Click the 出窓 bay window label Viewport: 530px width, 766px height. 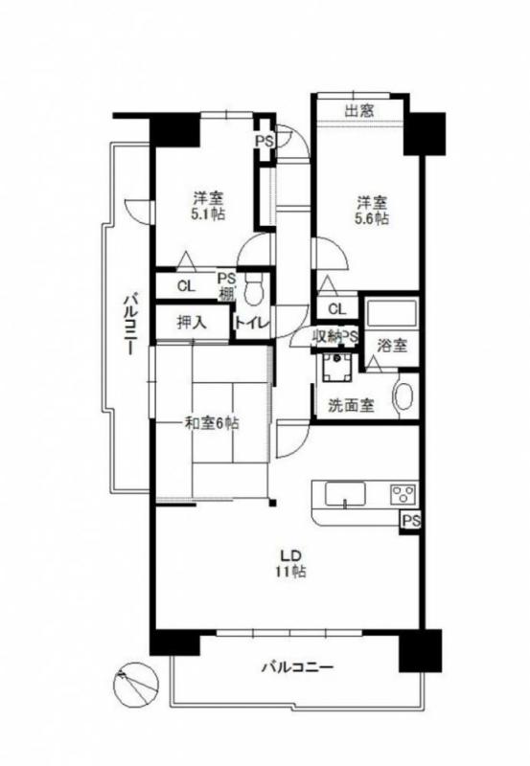tap(359, 111)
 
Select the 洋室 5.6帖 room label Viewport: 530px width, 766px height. tap(372, 210)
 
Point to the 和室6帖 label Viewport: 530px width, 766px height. tap(211, 423)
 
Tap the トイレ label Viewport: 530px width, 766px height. tap(252, 323)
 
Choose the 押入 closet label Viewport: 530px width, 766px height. tap(192, 323)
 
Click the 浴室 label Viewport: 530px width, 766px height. tap(392, 346)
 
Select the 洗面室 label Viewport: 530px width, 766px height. tap(351, 405)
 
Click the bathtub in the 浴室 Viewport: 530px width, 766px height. tap(391, 313)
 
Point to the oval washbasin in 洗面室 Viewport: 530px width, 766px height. tap(403, 396)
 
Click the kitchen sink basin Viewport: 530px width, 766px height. tap(345, 494)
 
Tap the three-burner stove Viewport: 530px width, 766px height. tap(403, 493)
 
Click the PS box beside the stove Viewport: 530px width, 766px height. tap(411, 521)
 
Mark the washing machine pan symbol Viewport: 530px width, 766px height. tap(336, 367)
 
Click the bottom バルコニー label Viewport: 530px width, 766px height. tap(297, 666)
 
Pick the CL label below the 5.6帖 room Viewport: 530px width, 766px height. tap(336, 308)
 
